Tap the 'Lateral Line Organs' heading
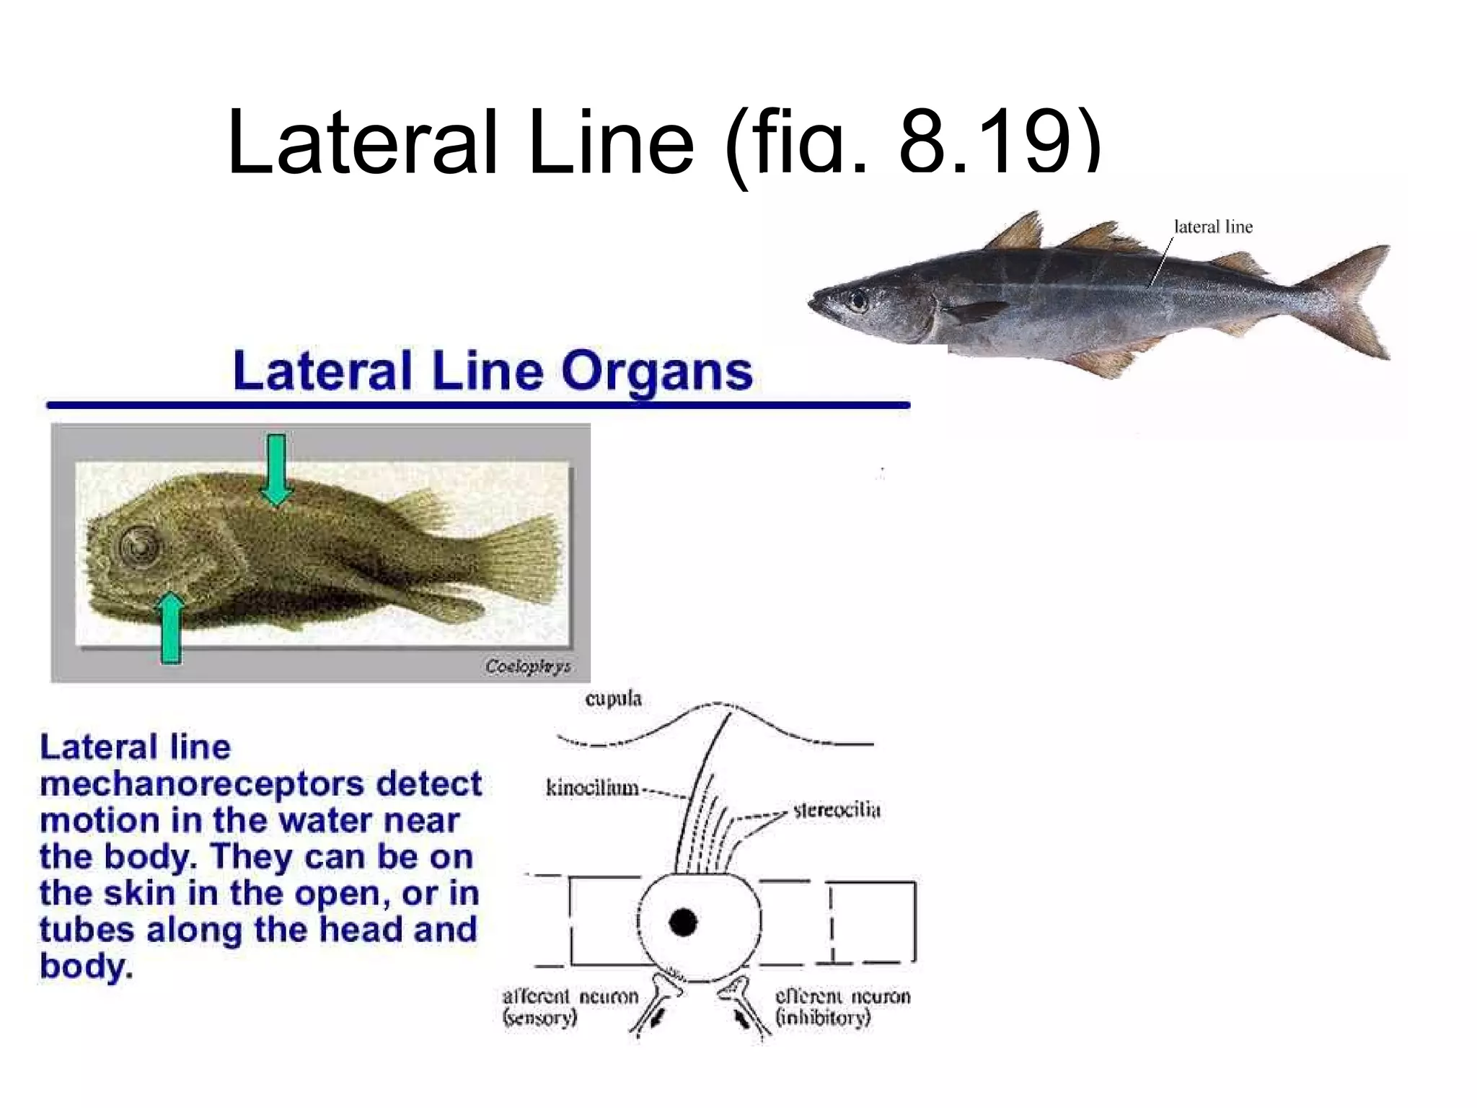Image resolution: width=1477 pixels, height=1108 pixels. (x=493, y=371)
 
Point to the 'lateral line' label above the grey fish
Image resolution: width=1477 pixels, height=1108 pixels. (x=1213, y=227)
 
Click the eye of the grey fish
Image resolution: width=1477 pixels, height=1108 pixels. (x=858, y=299)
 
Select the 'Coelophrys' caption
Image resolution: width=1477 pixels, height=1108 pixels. (x=528, y=667)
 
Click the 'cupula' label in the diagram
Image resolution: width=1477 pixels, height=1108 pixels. (x=613, y=699)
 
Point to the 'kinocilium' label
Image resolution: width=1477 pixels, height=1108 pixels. (x=592, y=788)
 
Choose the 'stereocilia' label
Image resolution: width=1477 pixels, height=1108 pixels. (x=837, y=810)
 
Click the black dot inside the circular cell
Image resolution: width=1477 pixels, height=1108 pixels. (x=683, y=922)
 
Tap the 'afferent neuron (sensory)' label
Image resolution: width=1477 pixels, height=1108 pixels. (x=570, y=1007)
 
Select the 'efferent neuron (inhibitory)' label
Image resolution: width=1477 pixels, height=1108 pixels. (x=842, y=1007)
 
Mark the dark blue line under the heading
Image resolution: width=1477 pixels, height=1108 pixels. (x=477, y=405)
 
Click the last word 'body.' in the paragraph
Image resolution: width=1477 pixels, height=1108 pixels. (x=87, y=967)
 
